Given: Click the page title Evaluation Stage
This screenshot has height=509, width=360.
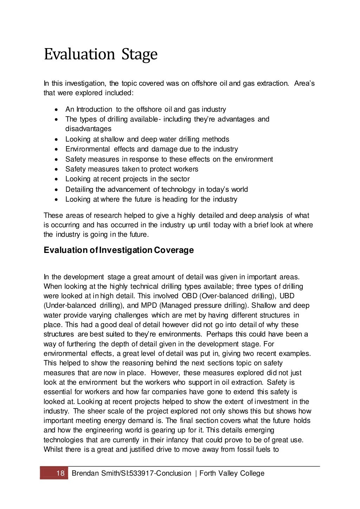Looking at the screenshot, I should [101, 55].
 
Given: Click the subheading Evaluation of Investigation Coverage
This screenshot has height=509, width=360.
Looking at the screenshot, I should [118, 250].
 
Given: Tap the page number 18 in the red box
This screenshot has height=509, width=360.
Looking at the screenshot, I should [60, 473].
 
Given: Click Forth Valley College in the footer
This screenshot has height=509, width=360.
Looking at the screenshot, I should [232, 473].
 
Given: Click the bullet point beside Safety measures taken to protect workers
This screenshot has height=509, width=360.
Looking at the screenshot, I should [57, 169].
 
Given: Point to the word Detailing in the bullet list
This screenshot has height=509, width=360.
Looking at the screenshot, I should [79, 189].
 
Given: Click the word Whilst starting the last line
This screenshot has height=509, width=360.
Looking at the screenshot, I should [53, 449].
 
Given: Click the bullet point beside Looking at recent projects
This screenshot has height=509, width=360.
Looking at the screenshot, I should [57, 179].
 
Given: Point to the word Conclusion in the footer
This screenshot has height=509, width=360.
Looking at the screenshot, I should [174, 473].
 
